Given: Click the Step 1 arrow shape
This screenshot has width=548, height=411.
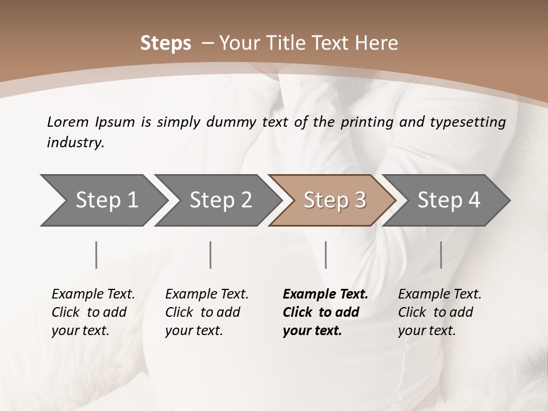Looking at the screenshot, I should [x=103, y=200].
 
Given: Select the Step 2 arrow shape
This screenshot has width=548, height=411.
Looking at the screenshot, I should [x=217, y=200].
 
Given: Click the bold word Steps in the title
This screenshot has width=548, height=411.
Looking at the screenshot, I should [x=166, y=43].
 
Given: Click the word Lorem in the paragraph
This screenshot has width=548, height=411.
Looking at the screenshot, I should [x=67, y=122].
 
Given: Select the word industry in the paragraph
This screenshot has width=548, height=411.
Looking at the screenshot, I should [x=75, y=143].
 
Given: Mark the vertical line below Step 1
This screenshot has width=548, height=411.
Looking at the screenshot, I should [x=96, y=255].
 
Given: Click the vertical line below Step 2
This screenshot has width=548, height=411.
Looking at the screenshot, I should [x=211, y=255].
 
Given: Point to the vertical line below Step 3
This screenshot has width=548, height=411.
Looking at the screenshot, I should [x=325, y=255].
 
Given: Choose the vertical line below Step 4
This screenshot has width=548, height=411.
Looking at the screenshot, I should [x=441, y=255].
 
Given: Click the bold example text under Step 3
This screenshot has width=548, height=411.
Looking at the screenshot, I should [x=325, y=312].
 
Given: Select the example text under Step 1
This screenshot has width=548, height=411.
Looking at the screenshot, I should [x=93, y=312].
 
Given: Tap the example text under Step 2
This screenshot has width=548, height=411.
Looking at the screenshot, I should [x=207, y=312].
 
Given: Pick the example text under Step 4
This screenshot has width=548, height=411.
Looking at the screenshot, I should [x=440, y=312].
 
